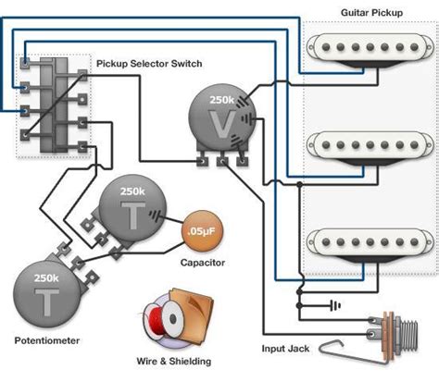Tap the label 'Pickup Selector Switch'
149,64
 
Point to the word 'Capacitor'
204,264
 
